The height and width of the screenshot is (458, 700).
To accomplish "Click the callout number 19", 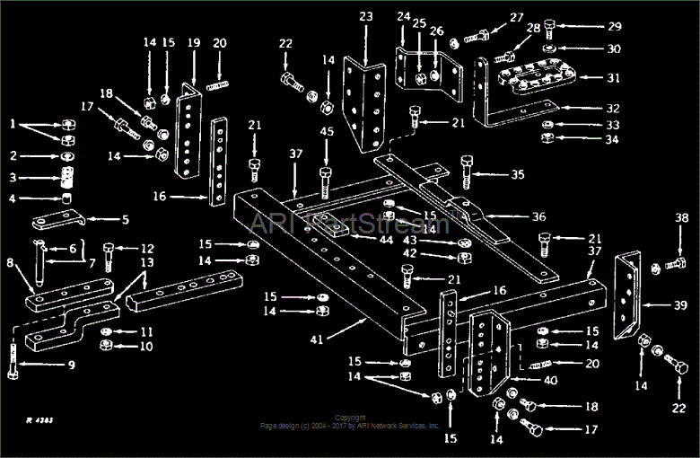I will tap(194, 42).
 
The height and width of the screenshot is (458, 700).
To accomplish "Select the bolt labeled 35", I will tap(466, 169).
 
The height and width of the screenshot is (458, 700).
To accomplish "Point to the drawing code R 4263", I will tap(41, 419).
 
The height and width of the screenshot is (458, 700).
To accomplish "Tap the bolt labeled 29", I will tap(550, 29).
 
